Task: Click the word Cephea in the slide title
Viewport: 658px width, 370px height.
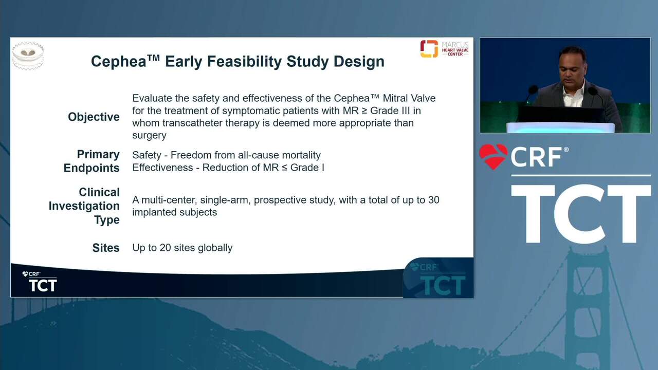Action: coord(118,62)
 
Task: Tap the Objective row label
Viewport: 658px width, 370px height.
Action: coord(94,117)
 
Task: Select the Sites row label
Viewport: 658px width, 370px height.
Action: coord(106,248)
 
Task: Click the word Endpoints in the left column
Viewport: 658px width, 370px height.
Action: coord(92,168)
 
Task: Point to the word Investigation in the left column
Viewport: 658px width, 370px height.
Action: coord(84,206)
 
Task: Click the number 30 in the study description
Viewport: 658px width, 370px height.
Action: coord(433,200)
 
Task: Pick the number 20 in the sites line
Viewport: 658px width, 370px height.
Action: coord(166,248)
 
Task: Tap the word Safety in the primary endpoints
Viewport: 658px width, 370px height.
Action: coord(146,155)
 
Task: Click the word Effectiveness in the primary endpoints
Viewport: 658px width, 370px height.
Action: coord(162,168)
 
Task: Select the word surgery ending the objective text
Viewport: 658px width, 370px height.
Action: coord(149,136)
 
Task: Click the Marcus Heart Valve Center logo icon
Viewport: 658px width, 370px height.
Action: coord(429,49)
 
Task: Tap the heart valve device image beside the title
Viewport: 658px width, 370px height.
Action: coord(28,55)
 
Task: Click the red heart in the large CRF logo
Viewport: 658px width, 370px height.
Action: coord(493,157)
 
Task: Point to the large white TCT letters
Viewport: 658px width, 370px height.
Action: coord(581,214)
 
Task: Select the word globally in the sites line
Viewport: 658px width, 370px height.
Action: coord(215,248)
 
